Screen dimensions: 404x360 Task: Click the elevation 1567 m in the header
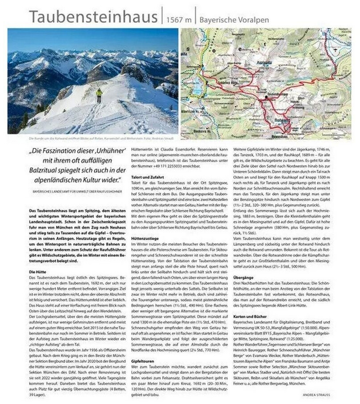(178, 20)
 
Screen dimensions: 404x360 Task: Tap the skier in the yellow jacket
(99, 94)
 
